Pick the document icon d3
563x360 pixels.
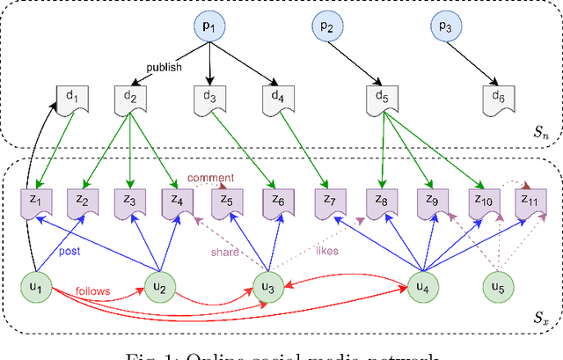[208, 98]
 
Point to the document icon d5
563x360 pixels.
[382, 98]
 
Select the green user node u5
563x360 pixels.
[503, 286]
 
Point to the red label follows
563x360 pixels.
[93, 290]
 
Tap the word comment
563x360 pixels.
[210, 178]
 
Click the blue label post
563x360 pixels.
[71, 251]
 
